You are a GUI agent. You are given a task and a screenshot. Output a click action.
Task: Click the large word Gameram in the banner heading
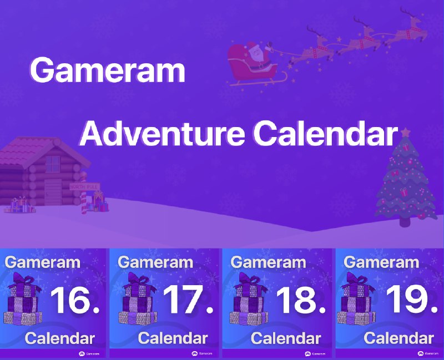[108, 70]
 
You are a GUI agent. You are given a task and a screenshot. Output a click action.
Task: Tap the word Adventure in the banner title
[162, 133]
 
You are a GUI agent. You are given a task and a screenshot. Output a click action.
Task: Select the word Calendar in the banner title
[326, 133]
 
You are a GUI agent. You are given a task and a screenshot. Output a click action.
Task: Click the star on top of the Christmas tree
[406, 132]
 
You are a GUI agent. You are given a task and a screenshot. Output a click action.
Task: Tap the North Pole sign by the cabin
[84, 187]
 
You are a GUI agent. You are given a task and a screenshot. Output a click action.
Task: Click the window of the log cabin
[53, 164]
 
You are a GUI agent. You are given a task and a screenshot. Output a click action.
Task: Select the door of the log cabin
[53, 192]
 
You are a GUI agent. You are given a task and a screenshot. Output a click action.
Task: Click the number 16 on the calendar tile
[75, 300]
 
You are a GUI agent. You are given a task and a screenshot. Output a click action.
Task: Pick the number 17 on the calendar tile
[188, 300]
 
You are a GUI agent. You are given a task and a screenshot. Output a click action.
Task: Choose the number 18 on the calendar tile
[301, 300]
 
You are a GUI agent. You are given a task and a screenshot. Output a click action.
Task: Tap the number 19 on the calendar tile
[412, 300]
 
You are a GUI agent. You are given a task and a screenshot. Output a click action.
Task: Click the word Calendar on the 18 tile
[286, 338]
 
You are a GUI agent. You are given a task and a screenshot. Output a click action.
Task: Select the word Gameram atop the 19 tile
[381, 262]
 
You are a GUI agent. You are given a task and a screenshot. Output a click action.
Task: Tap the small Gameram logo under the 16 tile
[89, 354]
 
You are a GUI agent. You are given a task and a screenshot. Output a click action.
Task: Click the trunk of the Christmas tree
[405, 222]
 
